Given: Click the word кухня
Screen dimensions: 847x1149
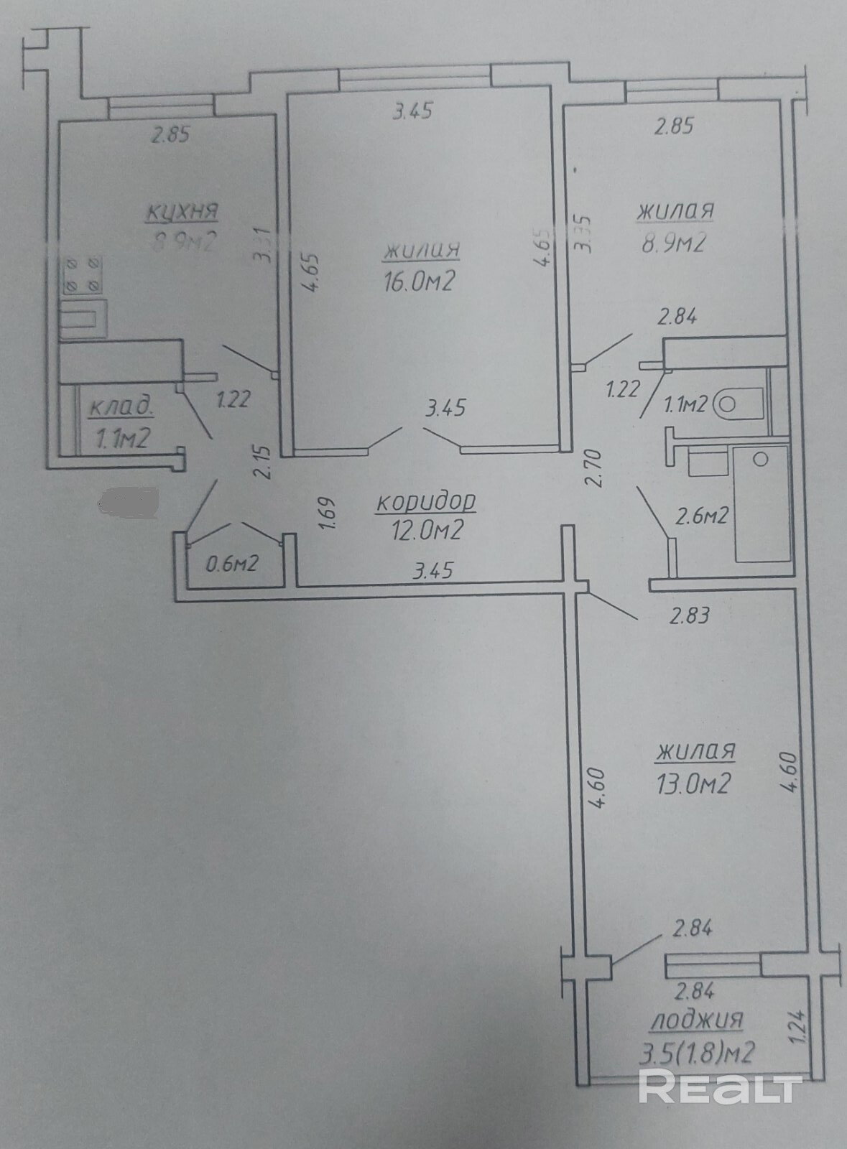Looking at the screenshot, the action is point(182,213).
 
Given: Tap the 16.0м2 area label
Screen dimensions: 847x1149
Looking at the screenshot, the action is point(420,282).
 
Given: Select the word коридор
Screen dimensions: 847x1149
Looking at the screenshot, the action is point(426,503).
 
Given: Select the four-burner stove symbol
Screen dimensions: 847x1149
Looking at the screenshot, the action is point(81,276).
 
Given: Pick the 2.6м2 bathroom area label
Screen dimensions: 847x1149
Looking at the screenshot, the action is point(703,516).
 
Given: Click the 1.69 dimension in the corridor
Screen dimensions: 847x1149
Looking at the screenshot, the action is point(326,514).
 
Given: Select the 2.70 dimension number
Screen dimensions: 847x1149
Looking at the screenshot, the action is point(593,467).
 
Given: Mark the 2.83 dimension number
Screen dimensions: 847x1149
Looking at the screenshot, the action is point(690,615).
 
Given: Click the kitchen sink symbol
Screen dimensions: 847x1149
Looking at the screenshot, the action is point(83,317).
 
